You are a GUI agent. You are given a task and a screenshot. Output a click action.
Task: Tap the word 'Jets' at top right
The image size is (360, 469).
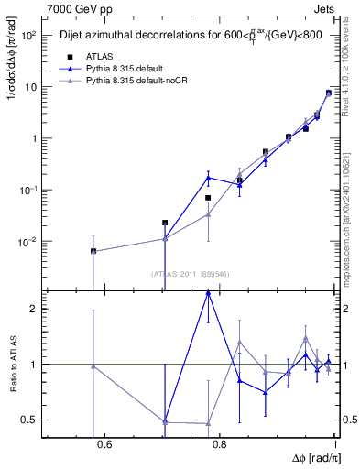pos(322,7)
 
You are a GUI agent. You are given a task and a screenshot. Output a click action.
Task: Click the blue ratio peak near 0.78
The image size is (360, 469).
pos(209,292)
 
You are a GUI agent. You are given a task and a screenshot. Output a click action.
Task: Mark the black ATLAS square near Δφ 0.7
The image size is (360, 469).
pos(165,223)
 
